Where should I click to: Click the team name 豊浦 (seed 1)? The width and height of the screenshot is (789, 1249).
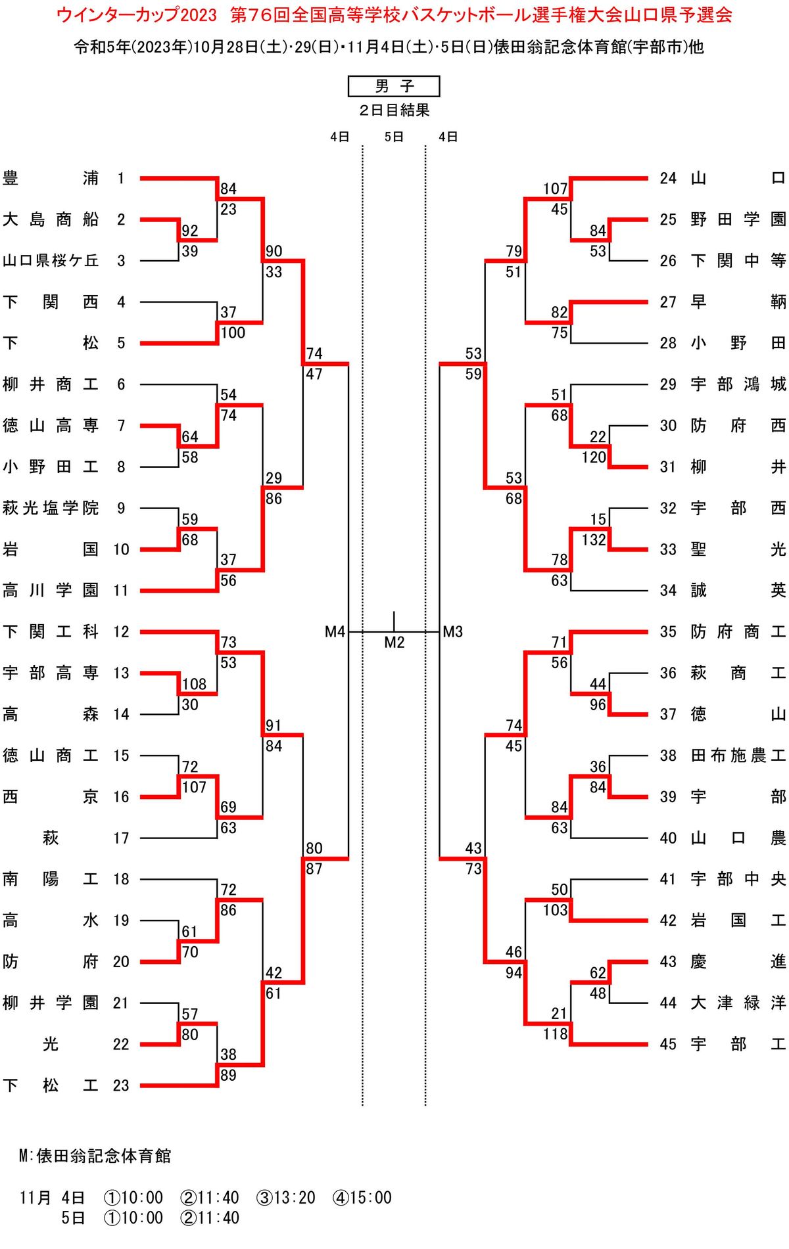point(51,178)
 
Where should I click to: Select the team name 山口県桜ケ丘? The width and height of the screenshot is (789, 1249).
point(51,261)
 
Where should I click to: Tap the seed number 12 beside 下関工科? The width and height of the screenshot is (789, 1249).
point(121,632)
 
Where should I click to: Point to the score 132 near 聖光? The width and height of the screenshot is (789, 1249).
point(594,540)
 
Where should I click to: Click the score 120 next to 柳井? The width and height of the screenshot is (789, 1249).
point(594,457)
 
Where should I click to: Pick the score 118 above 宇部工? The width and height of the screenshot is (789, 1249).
point(556,1034)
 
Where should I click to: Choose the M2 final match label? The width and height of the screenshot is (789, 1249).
point(394,643)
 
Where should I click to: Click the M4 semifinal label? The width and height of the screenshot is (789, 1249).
point(335,632)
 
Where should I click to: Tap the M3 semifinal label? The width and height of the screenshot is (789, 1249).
point(453,632)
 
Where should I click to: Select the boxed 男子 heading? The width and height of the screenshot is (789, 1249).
point(394,86)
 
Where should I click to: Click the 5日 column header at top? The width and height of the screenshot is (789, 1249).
point(394,137)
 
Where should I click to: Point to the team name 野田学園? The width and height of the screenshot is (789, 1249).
point(738,219)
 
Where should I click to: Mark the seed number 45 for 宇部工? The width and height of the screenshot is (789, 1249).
point(668,1044)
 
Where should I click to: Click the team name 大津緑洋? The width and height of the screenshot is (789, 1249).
point(738,1003)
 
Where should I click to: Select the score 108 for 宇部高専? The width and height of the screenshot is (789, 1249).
point(194,684)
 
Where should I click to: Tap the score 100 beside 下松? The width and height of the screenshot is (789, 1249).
point(233,333)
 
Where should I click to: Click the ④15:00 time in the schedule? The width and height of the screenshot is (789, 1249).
point(362,1198)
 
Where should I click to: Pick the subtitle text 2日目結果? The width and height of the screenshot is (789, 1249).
point(394,110)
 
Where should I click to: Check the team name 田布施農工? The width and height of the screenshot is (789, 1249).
point(738,756)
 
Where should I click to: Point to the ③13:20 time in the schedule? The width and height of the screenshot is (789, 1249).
point(286,1198)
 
